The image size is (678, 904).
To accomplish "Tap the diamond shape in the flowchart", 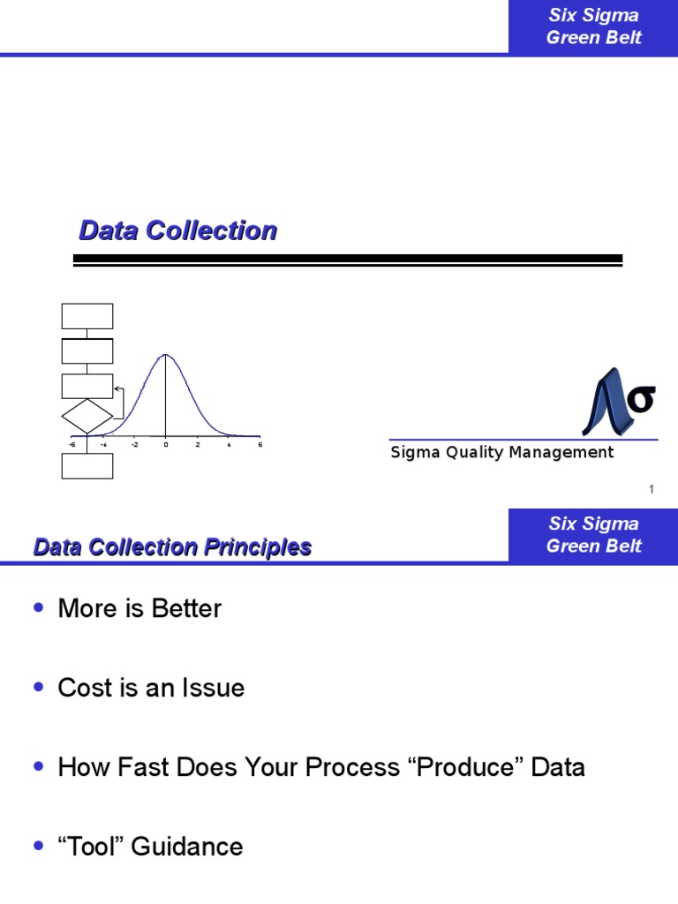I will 87,417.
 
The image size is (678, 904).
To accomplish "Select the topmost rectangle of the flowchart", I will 87,316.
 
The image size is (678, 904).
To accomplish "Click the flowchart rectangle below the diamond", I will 87,465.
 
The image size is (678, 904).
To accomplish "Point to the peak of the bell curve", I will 165,355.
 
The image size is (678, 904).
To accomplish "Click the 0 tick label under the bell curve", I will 165,445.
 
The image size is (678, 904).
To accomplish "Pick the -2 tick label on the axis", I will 134,445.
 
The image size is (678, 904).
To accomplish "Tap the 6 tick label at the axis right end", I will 260,445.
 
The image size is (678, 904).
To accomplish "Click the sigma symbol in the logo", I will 642,399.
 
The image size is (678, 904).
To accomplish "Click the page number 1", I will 652,489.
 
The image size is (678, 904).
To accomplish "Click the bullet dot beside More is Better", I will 37,608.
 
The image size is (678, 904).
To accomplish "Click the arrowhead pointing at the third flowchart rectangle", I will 117,388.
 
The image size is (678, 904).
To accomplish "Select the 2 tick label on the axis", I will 198,445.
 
